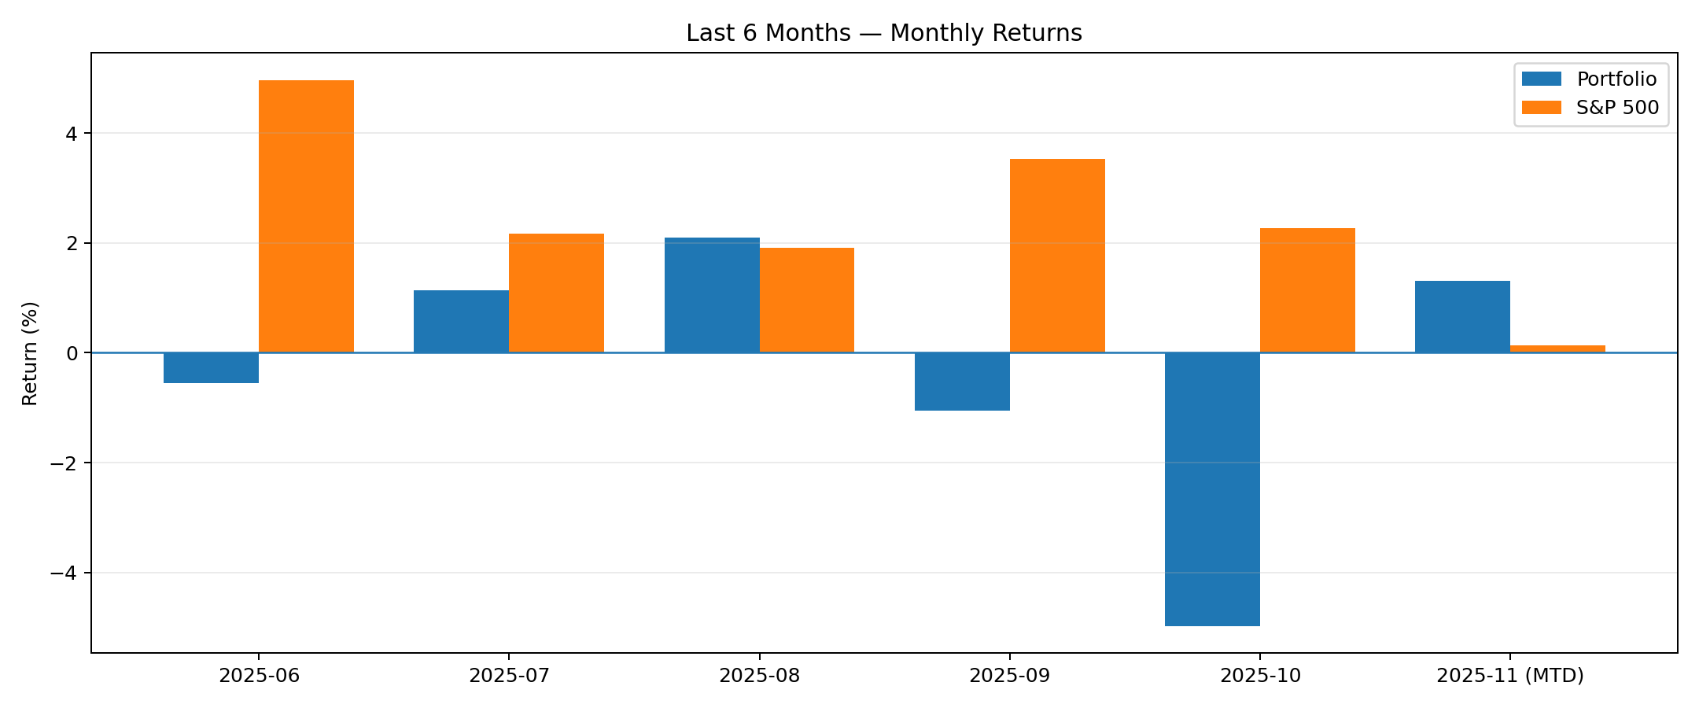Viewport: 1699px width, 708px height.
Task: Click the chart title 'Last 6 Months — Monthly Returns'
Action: click(883, 33)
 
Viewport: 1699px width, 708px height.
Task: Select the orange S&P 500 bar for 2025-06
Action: click(306, 216)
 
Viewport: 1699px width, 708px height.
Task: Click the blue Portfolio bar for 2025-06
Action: click(211, 368)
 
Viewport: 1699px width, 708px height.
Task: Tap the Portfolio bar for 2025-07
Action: click(461, 322)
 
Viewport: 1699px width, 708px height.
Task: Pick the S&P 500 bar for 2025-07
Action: click(556, 293)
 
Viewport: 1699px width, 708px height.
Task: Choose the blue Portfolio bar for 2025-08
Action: click(712, 295)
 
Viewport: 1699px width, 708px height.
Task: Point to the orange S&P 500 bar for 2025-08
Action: click(806, 301)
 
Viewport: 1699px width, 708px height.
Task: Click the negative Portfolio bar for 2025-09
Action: click(962, 382)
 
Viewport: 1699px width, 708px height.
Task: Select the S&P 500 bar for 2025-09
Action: click(1057, 256)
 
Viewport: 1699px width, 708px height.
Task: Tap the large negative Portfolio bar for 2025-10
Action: click(1212, 489)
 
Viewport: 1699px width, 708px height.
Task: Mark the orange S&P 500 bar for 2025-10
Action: click(1307, 290)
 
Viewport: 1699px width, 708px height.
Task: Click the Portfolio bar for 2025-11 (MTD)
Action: click(1462, 317)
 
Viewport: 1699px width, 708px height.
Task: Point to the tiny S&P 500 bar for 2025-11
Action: click(1557, 348)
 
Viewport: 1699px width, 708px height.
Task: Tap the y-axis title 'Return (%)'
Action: click(30, 353)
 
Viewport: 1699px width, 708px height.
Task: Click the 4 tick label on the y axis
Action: click(72, 134)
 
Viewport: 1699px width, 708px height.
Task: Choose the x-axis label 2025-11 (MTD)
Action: click(1510, 676)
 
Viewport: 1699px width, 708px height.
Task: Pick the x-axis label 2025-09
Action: click(1009, 676)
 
